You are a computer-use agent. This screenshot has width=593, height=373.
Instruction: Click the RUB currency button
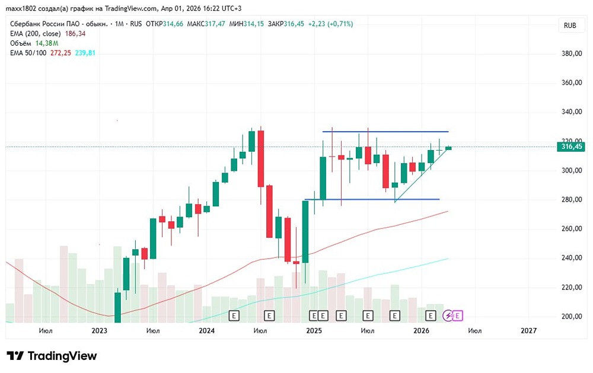570,25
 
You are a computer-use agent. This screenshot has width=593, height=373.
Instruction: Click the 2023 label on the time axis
100,330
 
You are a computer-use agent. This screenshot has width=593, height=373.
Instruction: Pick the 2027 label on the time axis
528,330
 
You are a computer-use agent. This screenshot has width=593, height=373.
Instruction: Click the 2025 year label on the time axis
314,330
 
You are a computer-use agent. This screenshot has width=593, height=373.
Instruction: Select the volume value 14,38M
47,43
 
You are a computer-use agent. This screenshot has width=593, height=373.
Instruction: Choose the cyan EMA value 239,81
85,53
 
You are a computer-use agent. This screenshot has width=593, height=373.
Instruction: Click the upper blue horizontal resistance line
385,131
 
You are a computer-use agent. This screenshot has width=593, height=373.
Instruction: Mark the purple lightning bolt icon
449,315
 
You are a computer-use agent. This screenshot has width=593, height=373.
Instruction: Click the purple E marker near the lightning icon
458,315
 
